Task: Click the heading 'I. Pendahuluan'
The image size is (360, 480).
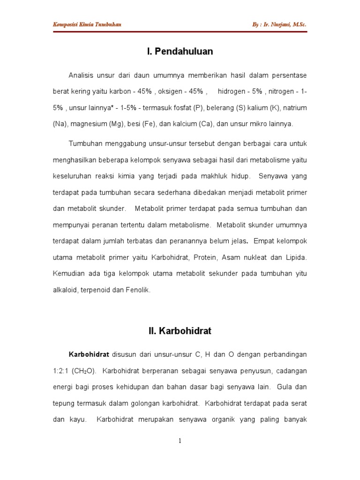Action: (180, 52)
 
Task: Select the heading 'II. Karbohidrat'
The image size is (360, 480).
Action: (180, 331)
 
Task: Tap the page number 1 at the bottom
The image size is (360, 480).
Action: (180, 441)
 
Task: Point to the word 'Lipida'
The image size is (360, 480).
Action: (296, 257)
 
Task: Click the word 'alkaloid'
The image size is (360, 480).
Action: (65, 290)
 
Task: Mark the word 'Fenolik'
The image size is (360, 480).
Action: (137, 290)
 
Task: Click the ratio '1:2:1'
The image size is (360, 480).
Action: (61, 371)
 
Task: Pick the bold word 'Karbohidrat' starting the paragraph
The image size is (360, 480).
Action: (89, 354)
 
